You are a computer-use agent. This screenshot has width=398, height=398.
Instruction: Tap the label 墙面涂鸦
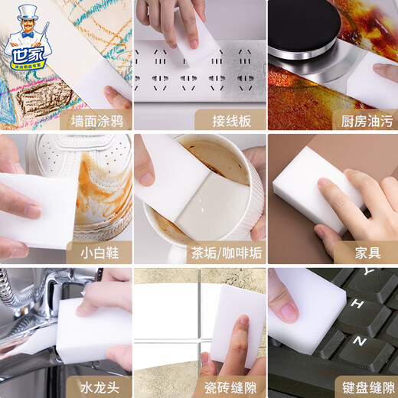click(90, 119)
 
